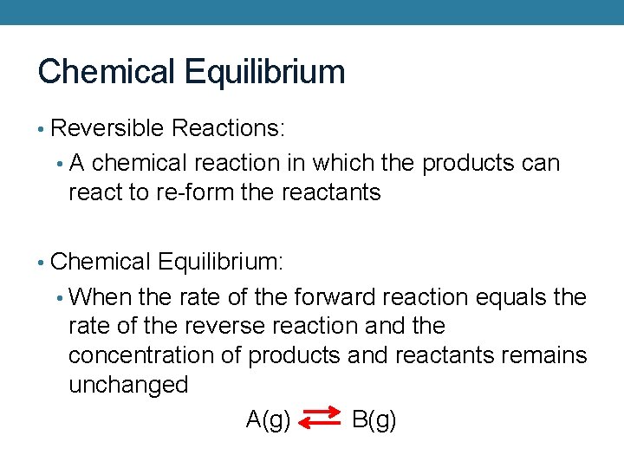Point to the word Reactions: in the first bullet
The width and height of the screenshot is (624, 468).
point(230,128)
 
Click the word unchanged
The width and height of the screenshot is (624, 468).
point(128,384)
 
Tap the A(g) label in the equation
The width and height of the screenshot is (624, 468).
point(269,420)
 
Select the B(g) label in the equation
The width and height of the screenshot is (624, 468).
point(374,420)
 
